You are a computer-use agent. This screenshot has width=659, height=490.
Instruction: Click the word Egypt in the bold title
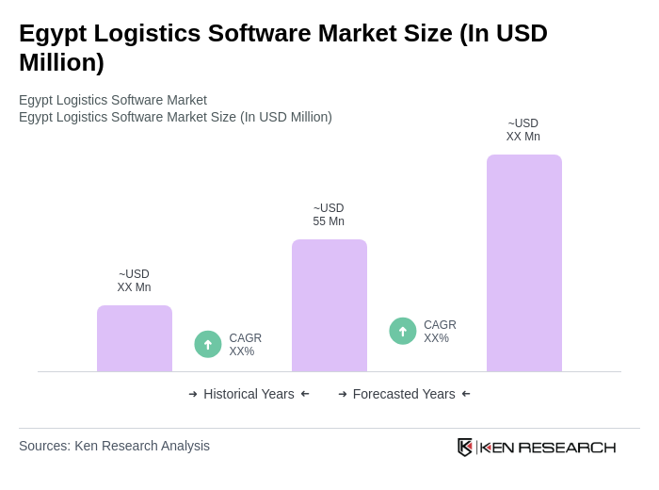coord(55,33)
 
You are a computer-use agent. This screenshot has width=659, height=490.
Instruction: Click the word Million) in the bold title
coord(61,62)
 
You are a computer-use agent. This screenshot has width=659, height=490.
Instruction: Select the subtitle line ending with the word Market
coord(113,100)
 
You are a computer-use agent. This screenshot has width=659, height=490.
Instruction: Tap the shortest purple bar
coord(135,338)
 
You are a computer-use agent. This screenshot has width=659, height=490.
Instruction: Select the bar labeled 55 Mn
coord(329,305)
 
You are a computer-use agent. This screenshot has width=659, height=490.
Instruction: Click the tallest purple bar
coord(524,263)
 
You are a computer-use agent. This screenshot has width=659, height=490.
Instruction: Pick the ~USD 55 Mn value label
coord(329,215)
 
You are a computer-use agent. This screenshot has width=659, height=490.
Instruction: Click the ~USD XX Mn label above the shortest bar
coord(134,281)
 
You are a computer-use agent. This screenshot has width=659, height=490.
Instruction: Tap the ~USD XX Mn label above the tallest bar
coord(523,130)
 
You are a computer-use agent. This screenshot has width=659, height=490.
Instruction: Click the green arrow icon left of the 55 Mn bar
coord(208,344)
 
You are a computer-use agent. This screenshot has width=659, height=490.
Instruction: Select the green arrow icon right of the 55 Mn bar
coord(403,331)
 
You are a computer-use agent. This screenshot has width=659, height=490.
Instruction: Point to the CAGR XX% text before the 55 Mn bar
coord(245,345)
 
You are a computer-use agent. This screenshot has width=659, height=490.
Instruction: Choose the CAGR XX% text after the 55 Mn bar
coord(440,332)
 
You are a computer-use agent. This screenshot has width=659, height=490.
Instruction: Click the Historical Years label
coord(249,394)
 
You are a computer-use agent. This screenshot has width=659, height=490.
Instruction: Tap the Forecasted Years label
coord(404,394)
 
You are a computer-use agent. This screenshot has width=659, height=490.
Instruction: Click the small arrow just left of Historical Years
coord(193,394)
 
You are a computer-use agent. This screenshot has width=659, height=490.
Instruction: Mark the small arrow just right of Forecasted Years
coord(466,394)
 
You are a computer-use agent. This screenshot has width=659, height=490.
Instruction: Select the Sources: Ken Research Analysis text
coord(114,446)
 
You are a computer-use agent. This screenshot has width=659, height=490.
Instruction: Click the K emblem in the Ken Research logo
coord(465,447)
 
